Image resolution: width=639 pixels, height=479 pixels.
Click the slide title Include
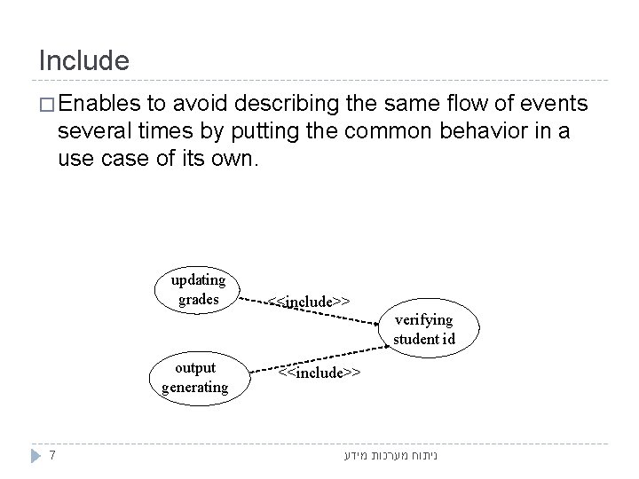[x=84, y=60]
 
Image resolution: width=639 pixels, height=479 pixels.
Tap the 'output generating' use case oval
[x=195, y=376]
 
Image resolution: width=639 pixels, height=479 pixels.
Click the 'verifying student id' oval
[x=422, y=328]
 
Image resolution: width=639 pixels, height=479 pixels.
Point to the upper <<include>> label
[x=309, y=302]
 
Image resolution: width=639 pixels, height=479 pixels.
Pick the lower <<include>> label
[x=319, y=373]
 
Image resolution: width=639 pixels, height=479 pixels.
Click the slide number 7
[x=54, y=456]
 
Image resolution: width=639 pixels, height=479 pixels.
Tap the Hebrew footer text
[x=392, y=457]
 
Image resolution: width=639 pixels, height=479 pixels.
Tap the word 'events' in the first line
[x=555, y=105]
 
